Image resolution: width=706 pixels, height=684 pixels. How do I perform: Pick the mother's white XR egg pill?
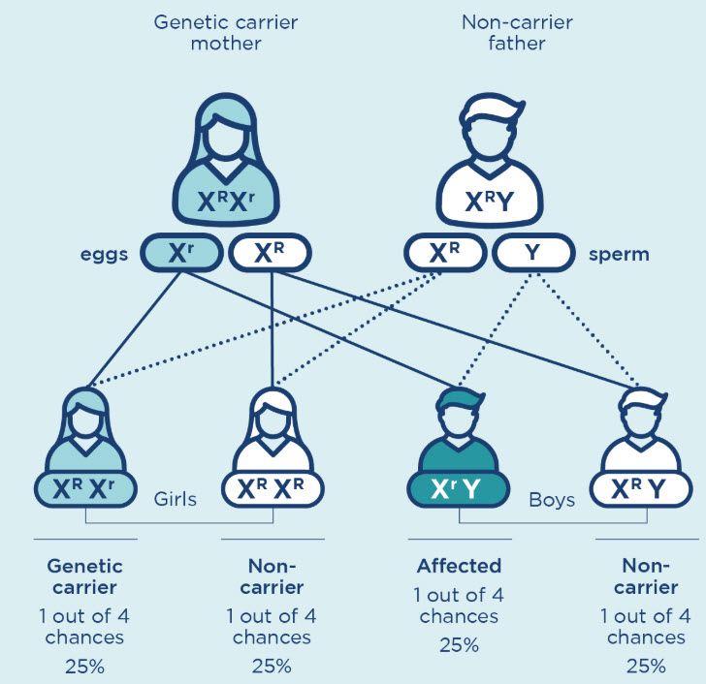(270, 253)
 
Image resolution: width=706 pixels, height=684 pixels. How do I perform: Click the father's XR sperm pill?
(445, 253)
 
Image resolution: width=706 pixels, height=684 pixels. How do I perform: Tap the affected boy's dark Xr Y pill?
(459, 490)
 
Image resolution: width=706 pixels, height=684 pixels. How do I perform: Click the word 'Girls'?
(176, 501)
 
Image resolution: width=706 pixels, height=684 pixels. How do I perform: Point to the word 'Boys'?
(553, 501)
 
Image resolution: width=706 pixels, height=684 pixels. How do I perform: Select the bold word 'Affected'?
(459, 566)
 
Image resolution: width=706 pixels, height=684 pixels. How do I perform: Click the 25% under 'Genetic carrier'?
(84, 666)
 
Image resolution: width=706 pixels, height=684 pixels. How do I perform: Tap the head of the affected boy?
(459, 415)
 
